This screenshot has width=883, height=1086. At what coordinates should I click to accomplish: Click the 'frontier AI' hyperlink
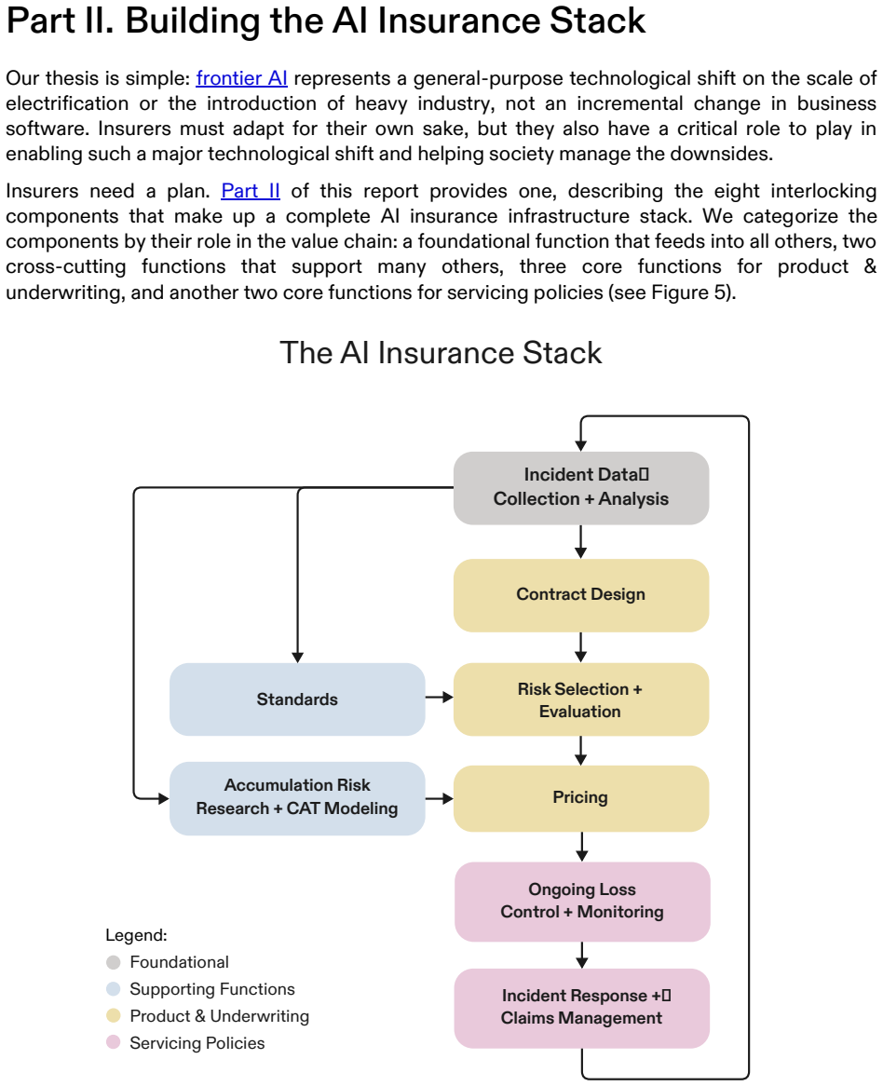(x=241, y=78)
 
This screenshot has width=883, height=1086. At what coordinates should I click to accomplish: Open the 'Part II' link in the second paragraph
(x=250, y=190)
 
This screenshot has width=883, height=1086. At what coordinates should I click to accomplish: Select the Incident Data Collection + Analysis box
(x=581, y=488)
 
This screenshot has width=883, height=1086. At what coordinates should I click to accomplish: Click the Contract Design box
(x=581, y=595)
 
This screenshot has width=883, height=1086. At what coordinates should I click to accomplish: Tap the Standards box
(x=297, y=699)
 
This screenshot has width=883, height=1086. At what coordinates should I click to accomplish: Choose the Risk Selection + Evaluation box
(x=581, y=699)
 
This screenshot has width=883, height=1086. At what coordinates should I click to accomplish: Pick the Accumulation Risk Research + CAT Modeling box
(x=297, y=798)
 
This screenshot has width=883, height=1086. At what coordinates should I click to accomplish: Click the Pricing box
(x=581, y=798)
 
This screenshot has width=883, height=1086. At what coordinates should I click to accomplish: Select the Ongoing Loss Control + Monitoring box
(x=582, y=901)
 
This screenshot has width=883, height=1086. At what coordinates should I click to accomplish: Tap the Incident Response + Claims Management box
(x=582, y=1008)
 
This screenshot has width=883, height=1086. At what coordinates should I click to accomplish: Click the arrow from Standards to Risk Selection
(x=439, y=697)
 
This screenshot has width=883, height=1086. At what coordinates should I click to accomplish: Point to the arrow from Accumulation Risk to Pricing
(x=439, y=798)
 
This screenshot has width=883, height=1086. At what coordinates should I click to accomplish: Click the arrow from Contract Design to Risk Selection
(x=581, y=647)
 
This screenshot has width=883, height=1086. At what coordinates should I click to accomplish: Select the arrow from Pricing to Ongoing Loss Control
(x=582, y=847)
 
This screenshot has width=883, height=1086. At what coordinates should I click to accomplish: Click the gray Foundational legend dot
(x=114, y=962)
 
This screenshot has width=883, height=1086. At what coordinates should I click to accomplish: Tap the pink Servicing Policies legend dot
(x=114, y=1042)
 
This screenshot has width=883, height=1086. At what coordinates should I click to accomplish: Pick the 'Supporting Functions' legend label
(x=212, y=989)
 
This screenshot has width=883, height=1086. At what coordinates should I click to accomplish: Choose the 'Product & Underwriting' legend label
(x=220, y=1016)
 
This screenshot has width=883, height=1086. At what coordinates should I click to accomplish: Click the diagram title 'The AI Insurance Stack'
(x=441, y=353)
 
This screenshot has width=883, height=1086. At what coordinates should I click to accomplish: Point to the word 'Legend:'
(x=136, y=936)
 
